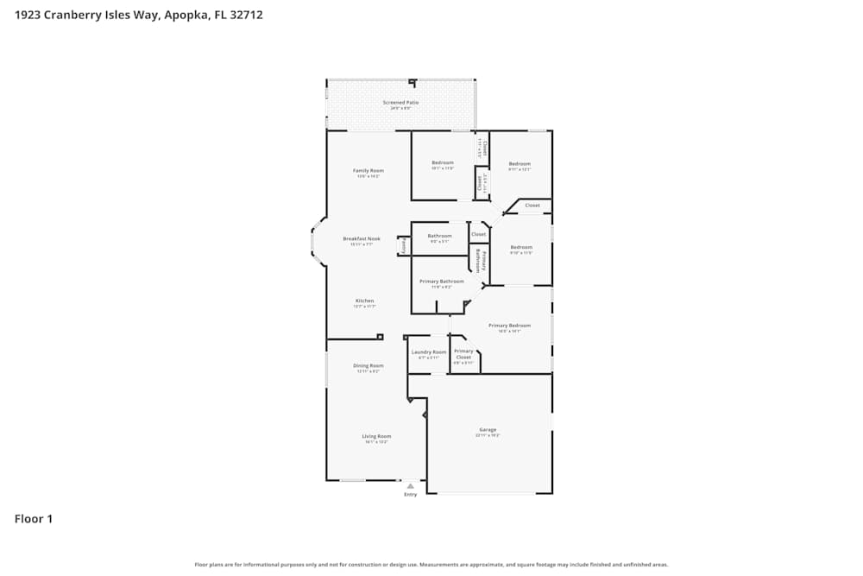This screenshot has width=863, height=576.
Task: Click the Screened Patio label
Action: tap(400, 103)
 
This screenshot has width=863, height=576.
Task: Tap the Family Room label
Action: tap(369, 171)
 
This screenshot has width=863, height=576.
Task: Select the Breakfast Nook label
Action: tap(361, 239)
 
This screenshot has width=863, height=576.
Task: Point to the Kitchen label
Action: tap(364, 301)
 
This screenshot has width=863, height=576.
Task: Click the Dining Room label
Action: tap(369, 366)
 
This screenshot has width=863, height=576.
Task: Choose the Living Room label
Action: tap(376, 436)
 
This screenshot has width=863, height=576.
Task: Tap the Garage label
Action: tap(488, 430)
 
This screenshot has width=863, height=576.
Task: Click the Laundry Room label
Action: tap(429, 352)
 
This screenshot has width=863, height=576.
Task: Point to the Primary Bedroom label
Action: tap(509, 326)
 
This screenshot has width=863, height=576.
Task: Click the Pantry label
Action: tap(403, 245)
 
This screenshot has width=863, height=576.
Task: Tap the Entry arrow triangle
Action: tap(410, 486)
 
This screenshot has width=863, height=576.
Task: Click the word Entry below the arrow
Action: tap(410, 495)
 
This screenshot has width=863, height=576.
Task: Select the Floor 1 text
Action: tap(34, 519)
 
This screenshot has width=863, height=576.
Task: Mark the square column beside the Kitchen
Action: tap(380, 337)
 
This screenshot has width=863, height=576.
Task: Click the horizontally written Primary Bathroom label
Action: tap(441, 282)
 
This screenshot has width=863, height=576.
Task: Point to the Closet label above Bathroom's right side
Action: tap(478, 234)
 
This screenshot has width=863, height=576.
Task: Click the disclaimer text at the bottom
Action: tap(431, 565)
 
